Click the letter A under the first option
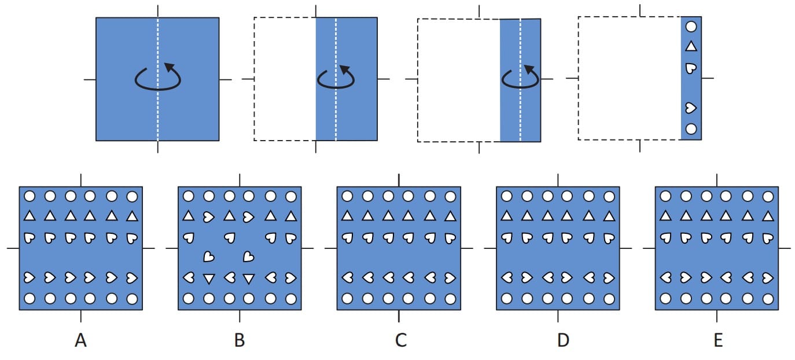80,341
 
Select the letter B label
240,341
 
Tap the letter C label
400,341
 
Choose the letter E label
718,341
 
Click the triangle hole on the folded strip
691,46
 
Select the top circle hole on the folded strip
691,26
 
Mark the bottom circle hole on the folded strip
691,128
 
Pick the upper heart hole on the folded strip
691,68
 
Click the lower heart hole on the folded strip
691,108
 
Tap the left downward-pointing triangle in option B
209,278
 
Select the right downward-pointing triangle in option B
249,278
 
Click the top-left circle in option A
30,196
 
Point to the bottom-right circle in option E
768,299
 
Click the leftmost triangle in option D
507,216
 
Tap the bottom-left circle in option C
348,299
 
